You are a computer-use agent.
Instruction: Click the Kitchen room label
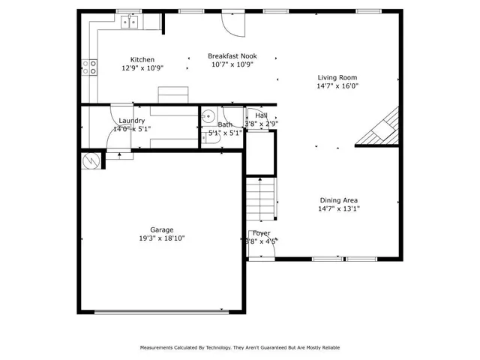coord(142,60)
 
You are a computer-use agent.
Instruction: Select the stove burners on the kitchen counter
coord(91,68)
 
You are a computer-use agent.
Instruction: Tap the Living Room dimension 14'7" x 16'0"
coord(337,85)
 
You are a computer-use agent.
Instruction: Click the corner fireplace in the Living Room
coord(382,129)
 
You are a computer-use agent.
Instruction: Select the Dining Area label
coord(339,200)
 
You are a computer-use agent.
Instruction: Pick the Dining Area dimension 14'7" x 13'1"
coord(339,209)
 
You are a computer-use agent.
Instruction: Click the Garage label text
coord(161,229)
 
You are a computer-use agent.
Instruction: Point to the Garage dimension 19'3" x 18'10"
coord(161,238)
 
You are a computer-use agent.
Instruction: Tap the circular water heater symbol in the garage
coord(91,160)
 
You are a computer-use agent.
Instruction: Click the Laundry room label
coord(132,121)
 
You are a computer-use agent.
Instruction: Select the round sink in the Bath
coord(208,115)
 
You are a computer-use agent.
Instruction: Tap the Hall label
coord(261,115)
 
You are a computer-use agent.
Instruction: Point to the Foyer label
coord(261,234)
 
